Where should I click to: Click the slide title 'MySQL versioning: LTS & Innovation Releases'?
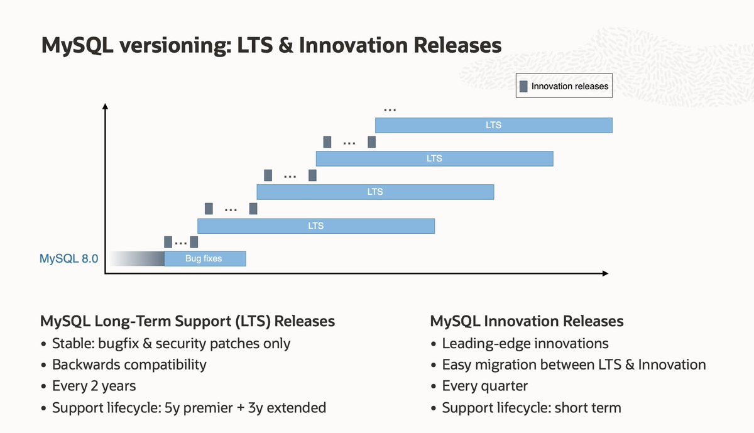[271, 46]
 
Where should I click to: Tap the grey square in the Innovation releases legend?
[523, 86]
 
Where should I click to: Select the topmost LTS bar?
[493, 125]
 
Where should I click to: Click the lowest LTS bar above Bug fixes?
[316, 226]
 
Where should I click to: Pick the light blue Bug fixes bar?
[204, 258]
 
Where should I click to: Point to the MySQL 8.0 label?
[69, 258]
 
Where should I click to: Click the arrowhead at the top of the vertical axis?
[105, 106]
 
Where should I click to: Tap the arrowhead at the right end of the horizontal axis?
[604, 273]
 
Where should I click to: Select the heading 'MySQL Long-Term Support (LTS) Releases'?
[187, 321]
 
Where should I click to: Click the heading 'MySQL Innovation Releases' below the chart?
[527, 321]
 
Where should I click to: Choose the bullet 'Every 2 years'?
[94, 386]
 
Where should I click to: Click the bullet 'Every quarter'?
[484, 386]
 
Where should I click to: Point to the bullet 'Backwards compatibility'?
[129, 364]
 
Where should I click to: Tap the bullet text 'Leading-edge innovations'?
[525, 343]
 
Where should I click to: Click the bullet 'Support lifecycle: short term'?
[531, 407]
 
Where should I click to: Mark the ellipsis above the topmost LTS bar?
[390, 110]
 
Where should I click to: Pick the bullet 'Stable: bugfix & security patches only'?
[171, 343]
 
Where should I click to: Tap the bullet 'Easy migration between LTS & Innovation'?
[574, 364]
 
